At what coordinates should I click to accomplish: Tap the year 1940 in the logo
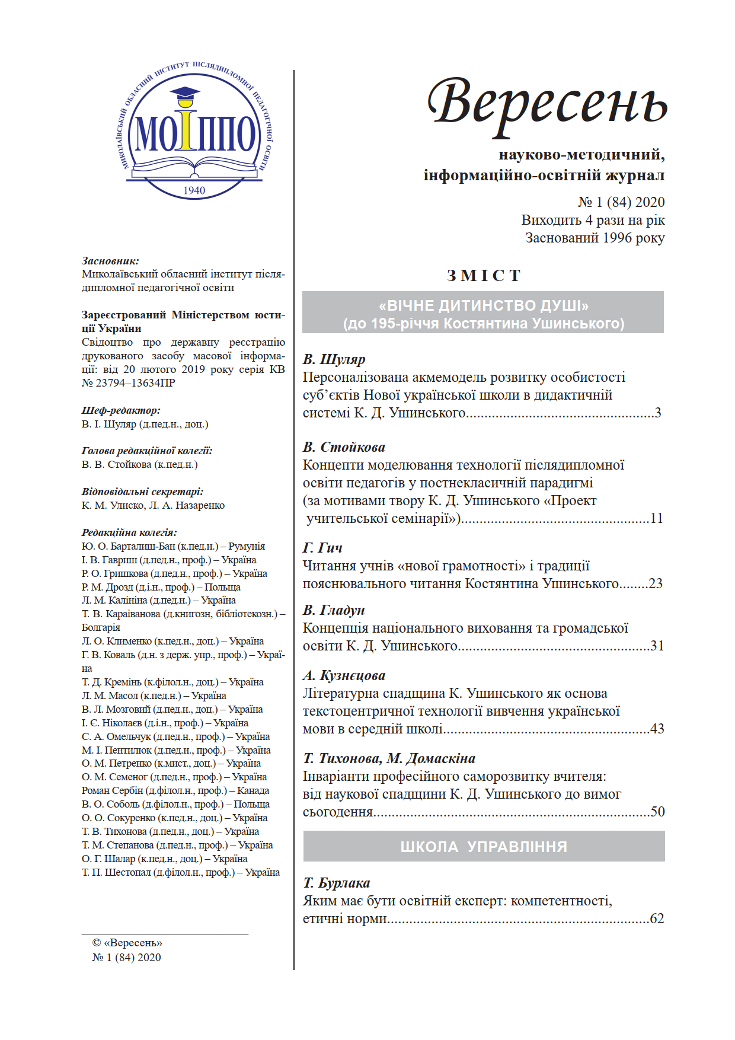coord(194,190)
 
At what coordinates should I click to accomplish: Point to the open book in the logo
coord(194,165)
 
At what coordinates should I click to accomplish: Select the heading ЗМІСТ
coord(484,276)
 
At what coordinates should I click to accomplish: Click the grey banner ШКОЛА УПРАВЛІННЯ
coord(484,846)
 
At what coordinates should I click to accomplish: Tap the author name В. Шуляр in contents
coord(334,359)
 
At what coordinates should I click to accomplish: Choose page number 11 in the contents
coord(656,518)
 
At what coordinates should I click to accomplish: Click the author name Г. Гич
coord(322,548)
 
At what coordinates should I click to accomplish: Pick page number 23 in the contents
coord(656,583)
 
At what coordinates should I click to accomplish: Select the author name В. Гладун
coord(334,610)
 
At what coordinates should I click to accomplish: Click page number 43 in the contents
coord(657,729)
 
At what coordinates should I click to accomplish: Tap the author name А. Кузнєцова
coord(344,675)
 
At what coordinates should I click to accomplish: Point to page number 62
coord(657,918)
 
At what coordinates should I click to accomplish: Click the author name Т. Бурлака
coord(337,883)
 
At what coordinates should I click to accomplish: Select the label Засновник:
coord(110,261)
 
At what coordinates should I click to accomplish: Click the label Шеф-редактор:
coord(121,410)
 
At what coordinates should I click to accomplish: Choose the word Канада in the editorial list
coord(253,790)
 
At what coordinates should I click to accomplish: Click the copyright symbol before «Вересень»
coord(97,943)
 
